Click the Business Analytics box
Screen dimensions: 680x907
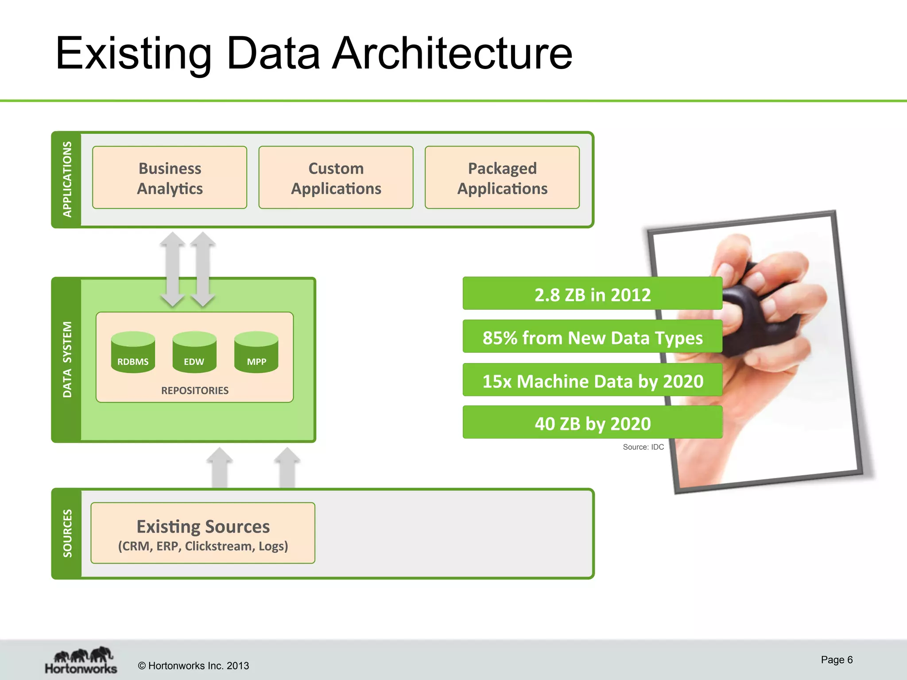(x=170, y=178)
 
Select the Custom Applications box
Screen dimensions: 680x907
(x=336, y=178)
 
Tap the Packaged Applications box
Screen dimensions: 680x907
(x=502, y=178)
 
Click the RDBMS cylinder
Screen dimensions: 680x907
(x=133, y=352)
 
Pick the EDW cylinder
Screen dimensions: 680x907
(x=194, y=352)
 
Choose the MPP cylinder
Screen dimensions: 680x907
(x=256, y=352)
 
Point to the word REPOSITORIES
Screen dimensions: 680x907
(x=195, y=390)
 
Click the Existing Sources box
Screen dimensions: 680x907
(x=203, y=533)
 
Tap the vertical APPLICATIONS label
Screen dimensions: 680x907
(x=67, y=179)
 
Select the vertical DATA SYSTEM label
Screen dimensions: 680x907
(x=67, y=359)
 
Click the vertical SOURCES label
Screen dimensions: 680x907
(x=67, y=533)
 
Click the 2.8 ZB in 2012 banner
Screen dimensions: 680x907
(x=592, y=294)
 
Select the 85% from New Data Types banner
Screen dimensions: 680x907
(x=592, y=337)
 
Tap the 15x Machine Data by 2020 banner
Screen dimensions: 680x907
(x=592, y=381)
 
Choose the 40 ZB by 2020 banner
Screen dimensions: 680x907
(x=592, y=423)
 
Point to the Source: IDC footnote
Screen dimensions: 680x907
(x=643, y=447)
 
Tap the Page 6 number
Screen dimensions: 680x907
(x=836, y=660)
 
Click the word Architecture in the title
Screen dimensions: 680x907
(x=452, y=54)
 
